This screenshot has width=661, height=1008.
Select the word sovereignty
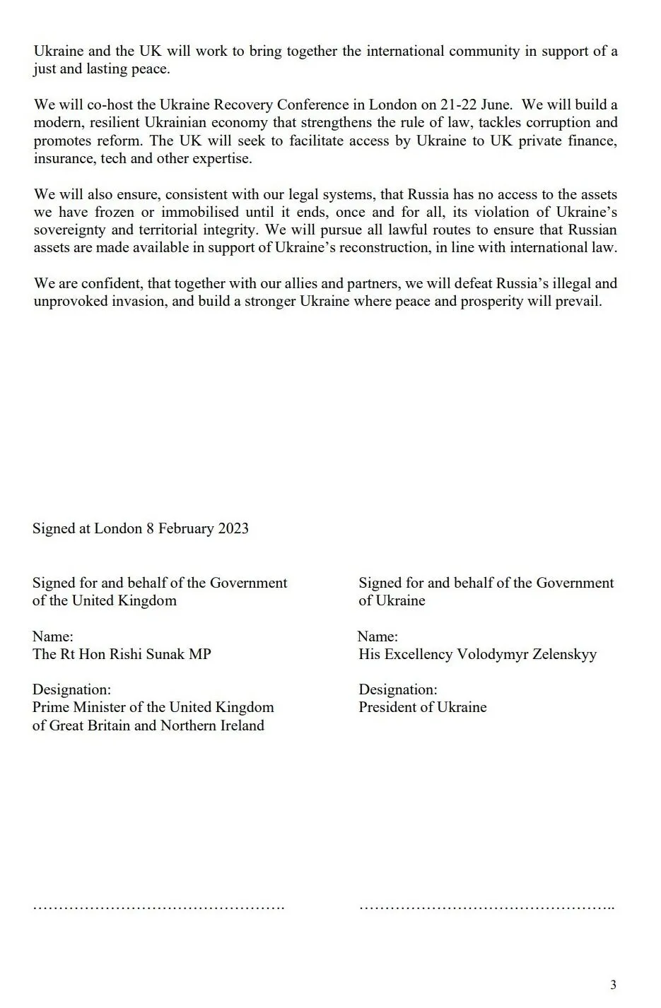point(71,230)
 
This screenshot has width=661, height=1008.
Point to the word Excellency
point(420,654)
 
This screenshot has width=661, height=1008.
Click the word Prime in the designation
point(51,707)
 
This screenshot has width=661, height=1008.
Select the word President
point(389,707)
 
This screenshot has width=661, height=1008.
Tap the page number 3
point(613,985)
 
